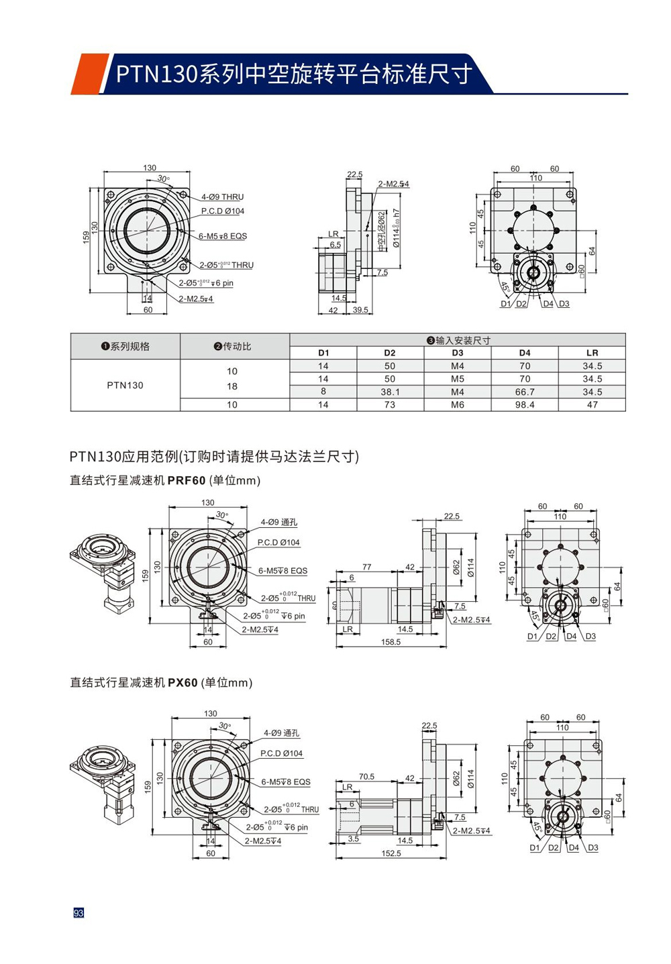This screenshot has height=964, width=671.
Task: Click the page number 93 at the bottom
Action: pos(79,913)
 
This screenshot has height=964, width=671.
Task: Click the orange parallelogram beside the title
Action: pos(87,74)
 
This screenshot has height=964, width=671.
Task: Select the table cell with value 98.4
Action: pos(525,405)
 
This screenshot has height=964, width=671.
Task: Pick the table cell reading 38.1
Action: pos(390,392)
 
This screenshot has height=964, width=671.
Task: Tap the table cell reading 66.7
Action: pos(525,392)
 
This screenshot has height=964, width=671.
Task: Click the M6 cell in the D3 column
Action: pos(458,405)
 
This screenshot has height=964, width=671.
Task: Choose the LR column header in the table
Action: pos(592,353)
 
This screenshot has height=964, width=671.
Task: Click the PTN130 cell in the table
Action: pos(125,385)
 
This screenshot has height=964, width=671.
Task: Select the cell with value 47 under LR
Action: pos(592,405)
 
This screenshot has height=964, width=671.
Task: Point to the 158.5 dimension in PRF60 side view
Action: pos(391,642)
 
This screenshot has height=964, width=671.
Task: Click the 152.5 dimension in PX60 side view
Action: pos(391,853)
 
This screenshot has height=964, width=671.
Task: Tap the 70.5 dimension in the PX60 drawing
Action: pos(366,776)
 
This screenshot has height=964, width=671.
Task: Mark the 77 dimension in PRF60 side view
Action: pos(366,567)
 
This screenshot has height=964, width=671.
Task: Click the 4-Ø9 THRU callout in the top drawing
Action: pos(222,197)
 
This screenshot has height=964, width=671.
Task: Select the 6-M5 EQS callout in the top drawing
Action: pos(222,236)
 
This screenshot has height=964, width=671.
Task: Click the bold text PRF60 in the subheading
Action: pos(187,480)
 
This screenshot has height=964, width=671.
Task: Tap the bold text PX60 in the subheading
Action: pos(183,682)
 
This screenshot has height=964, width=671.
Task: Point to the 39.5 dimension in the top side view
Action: pos(360,310)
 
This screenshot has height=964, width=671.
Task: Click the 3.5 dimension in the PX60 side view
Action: pos(354,839)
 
